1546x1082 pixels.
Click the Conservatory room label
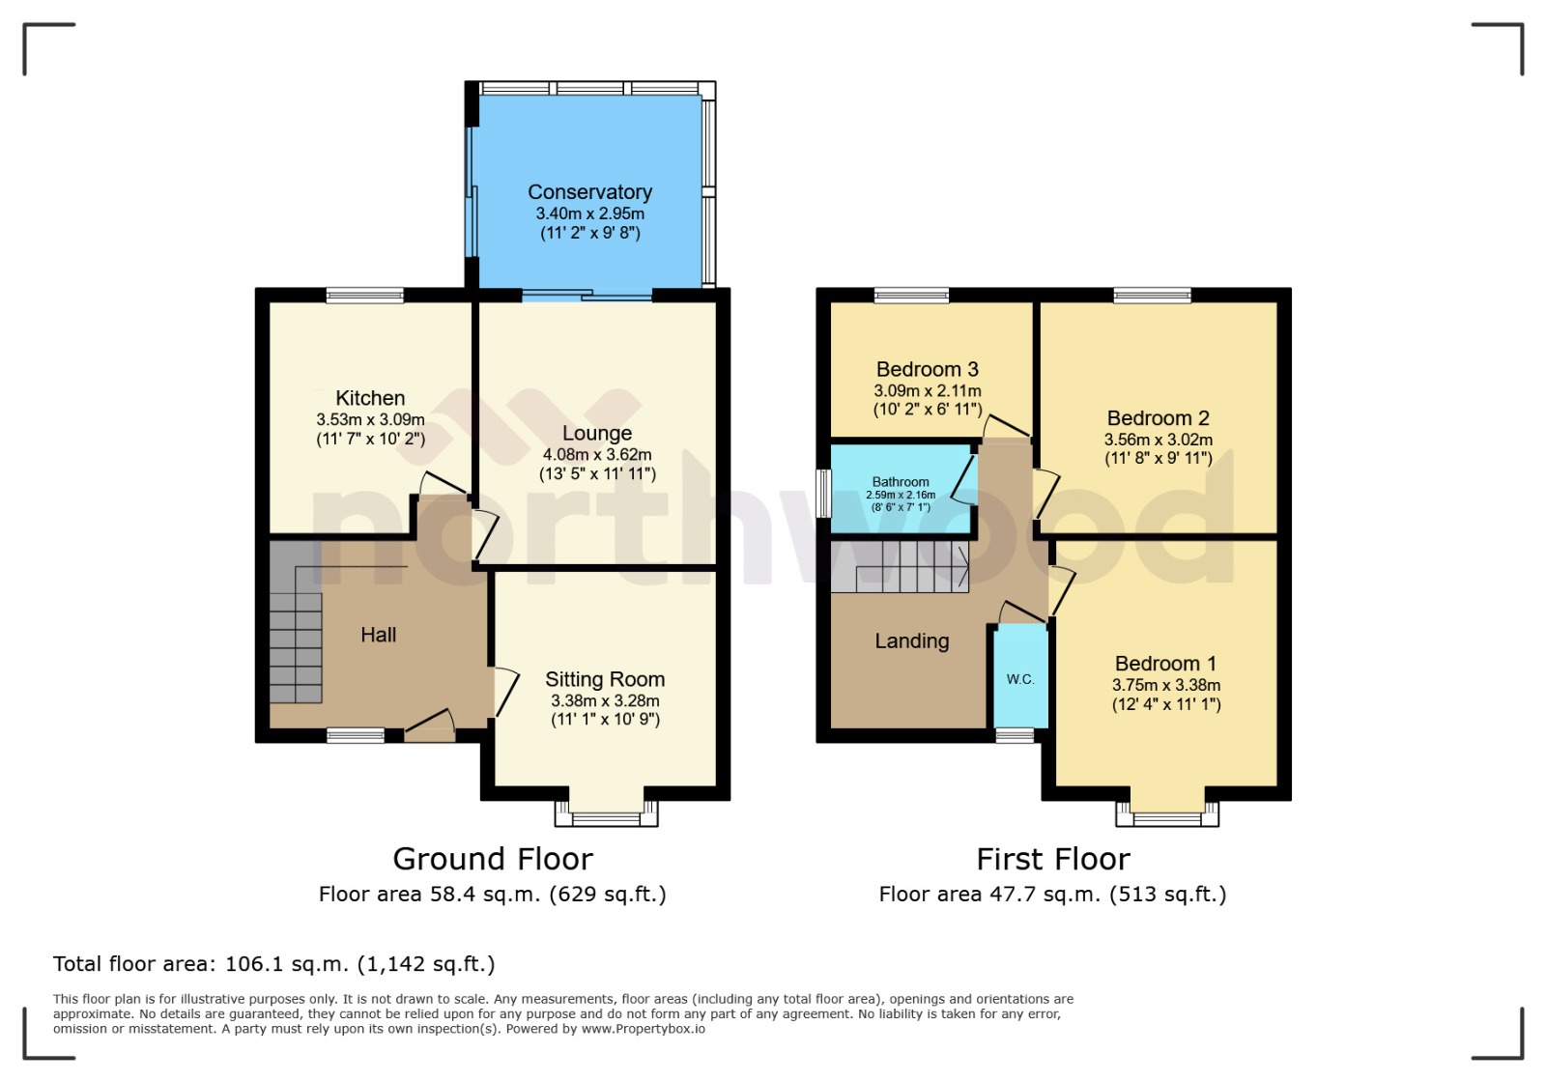coord(589,192)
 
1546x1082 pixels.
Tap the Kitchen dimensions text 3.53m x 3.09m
coord(370,420)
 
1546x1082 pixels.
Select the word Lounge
coord(597,434)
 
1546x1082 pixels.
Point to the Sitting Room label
coord(605,679)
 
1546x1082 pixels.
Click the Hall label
coord(378,635)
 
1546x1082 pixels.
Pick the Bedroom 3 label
coord(927,369)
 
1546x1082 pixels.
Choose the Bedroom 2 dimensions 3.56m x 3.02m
coord(1158,440)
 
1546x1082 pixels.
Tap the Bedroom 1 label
coord(1165,664)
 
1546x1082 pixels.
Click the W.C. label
coord(1020,679)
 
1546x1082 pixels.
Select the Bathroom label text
coord(901,482)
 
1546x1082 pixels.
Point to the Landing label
coord(911,641)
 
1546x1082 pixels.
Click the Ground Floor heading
coord(493,859)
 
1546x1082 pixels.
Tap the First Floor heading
coord(1052,859)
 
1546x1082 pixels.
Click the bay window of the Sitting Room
coord(606,814)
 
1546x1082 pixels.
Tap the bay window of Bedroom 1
coord(1167,814)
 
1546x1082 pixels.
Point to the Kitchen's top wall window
coord(364,296)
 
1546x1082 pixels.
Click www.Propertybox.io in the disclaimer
coord(643,1029)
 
